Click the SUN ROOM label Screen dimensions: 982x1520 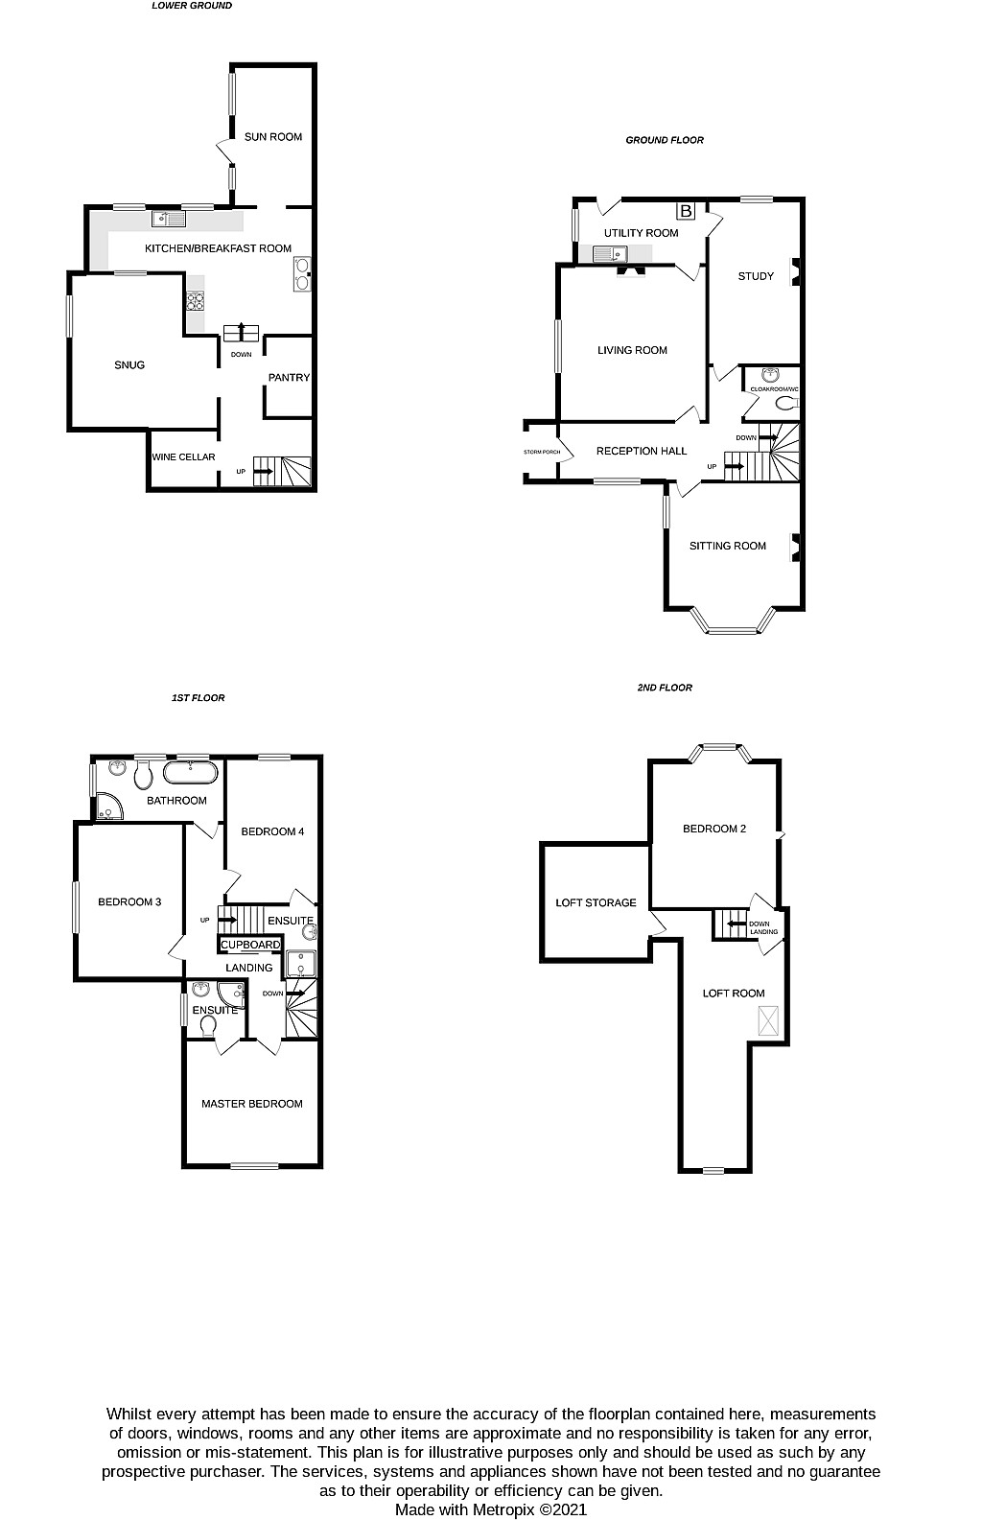[x=272, y=137]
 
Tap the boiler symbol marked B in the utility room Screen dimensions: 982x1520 [x=686, y=211]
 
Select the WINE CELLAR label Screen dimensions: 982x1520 [x=183, y=457]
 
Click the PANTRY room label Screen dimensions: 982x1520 [x=289, y=377]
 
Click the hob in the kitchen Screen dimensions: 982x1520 [x=196, y=300]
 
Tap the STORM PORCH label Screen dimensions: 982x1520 [x=542, y=452]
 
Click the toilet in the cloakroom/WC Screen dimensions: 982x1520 [x=787, y=404]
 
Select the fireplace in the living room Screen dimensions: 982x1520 [x=630, y=271]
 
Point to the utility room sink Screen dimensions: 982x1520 [x=609, y=254]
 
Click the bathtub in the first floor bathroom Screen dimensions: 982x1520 [x=191, y=773]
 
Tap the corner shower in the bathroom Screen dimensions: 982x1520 [x=108, y=807]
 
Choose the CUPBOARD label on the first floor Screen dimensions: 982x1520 [x=250, y=945]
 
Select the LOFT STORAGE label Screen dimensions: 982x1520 [x=596, y=902]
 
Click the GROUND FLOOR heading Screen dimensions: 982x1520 [x=665, y=140]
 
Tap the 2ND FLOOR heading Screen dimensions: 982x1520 [x=665, y=688]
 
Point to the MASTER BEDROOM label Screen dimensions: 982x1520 [x=252, y=1104]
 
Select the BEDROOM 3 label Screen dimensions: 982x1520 [x=129, y=901]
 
